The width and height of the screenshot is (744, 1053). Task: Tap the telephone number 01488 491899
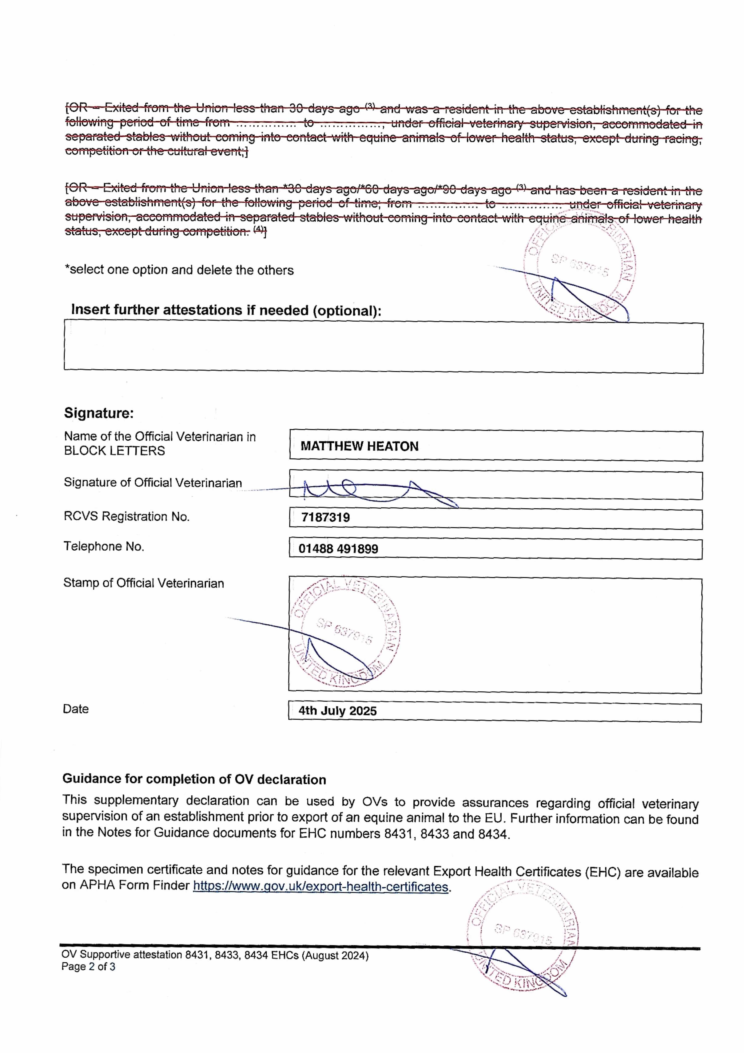click(x=338, y=549)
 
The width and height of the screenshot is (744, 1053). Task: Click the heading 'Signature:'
click(x=99, y=413)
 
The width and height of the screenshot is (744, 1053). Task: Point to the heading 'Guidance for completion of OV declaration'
click(x=194, y=779)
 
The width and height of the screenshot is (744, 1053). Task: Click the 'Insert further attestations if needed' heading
click(x=226, y=310)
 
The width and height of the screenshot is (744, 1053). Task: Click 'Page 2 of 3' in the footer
click(x=88, y=967)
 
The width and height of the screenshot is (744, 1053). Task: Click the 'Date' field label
click(x=76, y=709)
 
